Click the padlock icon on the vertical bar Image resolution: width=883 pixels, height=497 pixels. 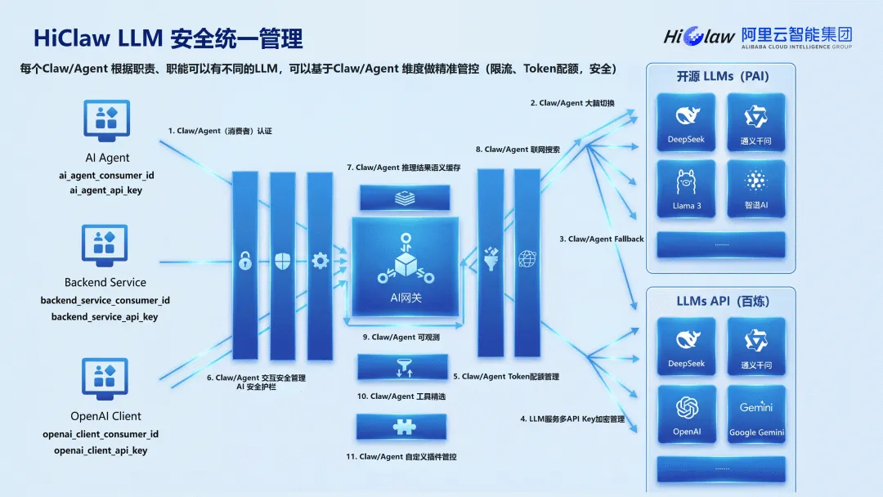coord(244,262)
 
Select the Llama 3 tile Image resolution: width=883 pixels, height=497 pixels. coord(687,189)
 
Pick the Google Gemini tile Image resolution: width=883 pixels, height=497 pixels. coord(755,414)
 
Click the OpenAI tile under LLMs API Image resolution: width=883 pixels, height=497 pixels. coord(687,414)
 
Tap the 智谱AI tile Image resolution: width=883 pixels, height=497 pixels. coord(755,189)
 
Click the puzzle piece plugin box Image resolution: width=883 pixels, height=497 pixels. coord(401,427)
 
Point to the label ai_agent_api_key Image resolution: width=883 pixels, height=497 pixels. coord(106,190)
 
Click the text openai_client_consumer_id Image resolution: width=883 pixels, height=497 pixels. coord(101,434)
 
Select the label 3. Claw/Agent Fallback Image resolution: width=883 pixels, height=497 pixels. coord(601,239)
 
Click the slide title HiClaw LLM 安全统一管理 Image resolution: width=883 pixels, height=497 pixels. coord(168,38)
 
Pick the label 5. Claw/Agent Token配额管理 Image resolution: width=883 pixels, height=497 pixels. coord(506,377)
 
